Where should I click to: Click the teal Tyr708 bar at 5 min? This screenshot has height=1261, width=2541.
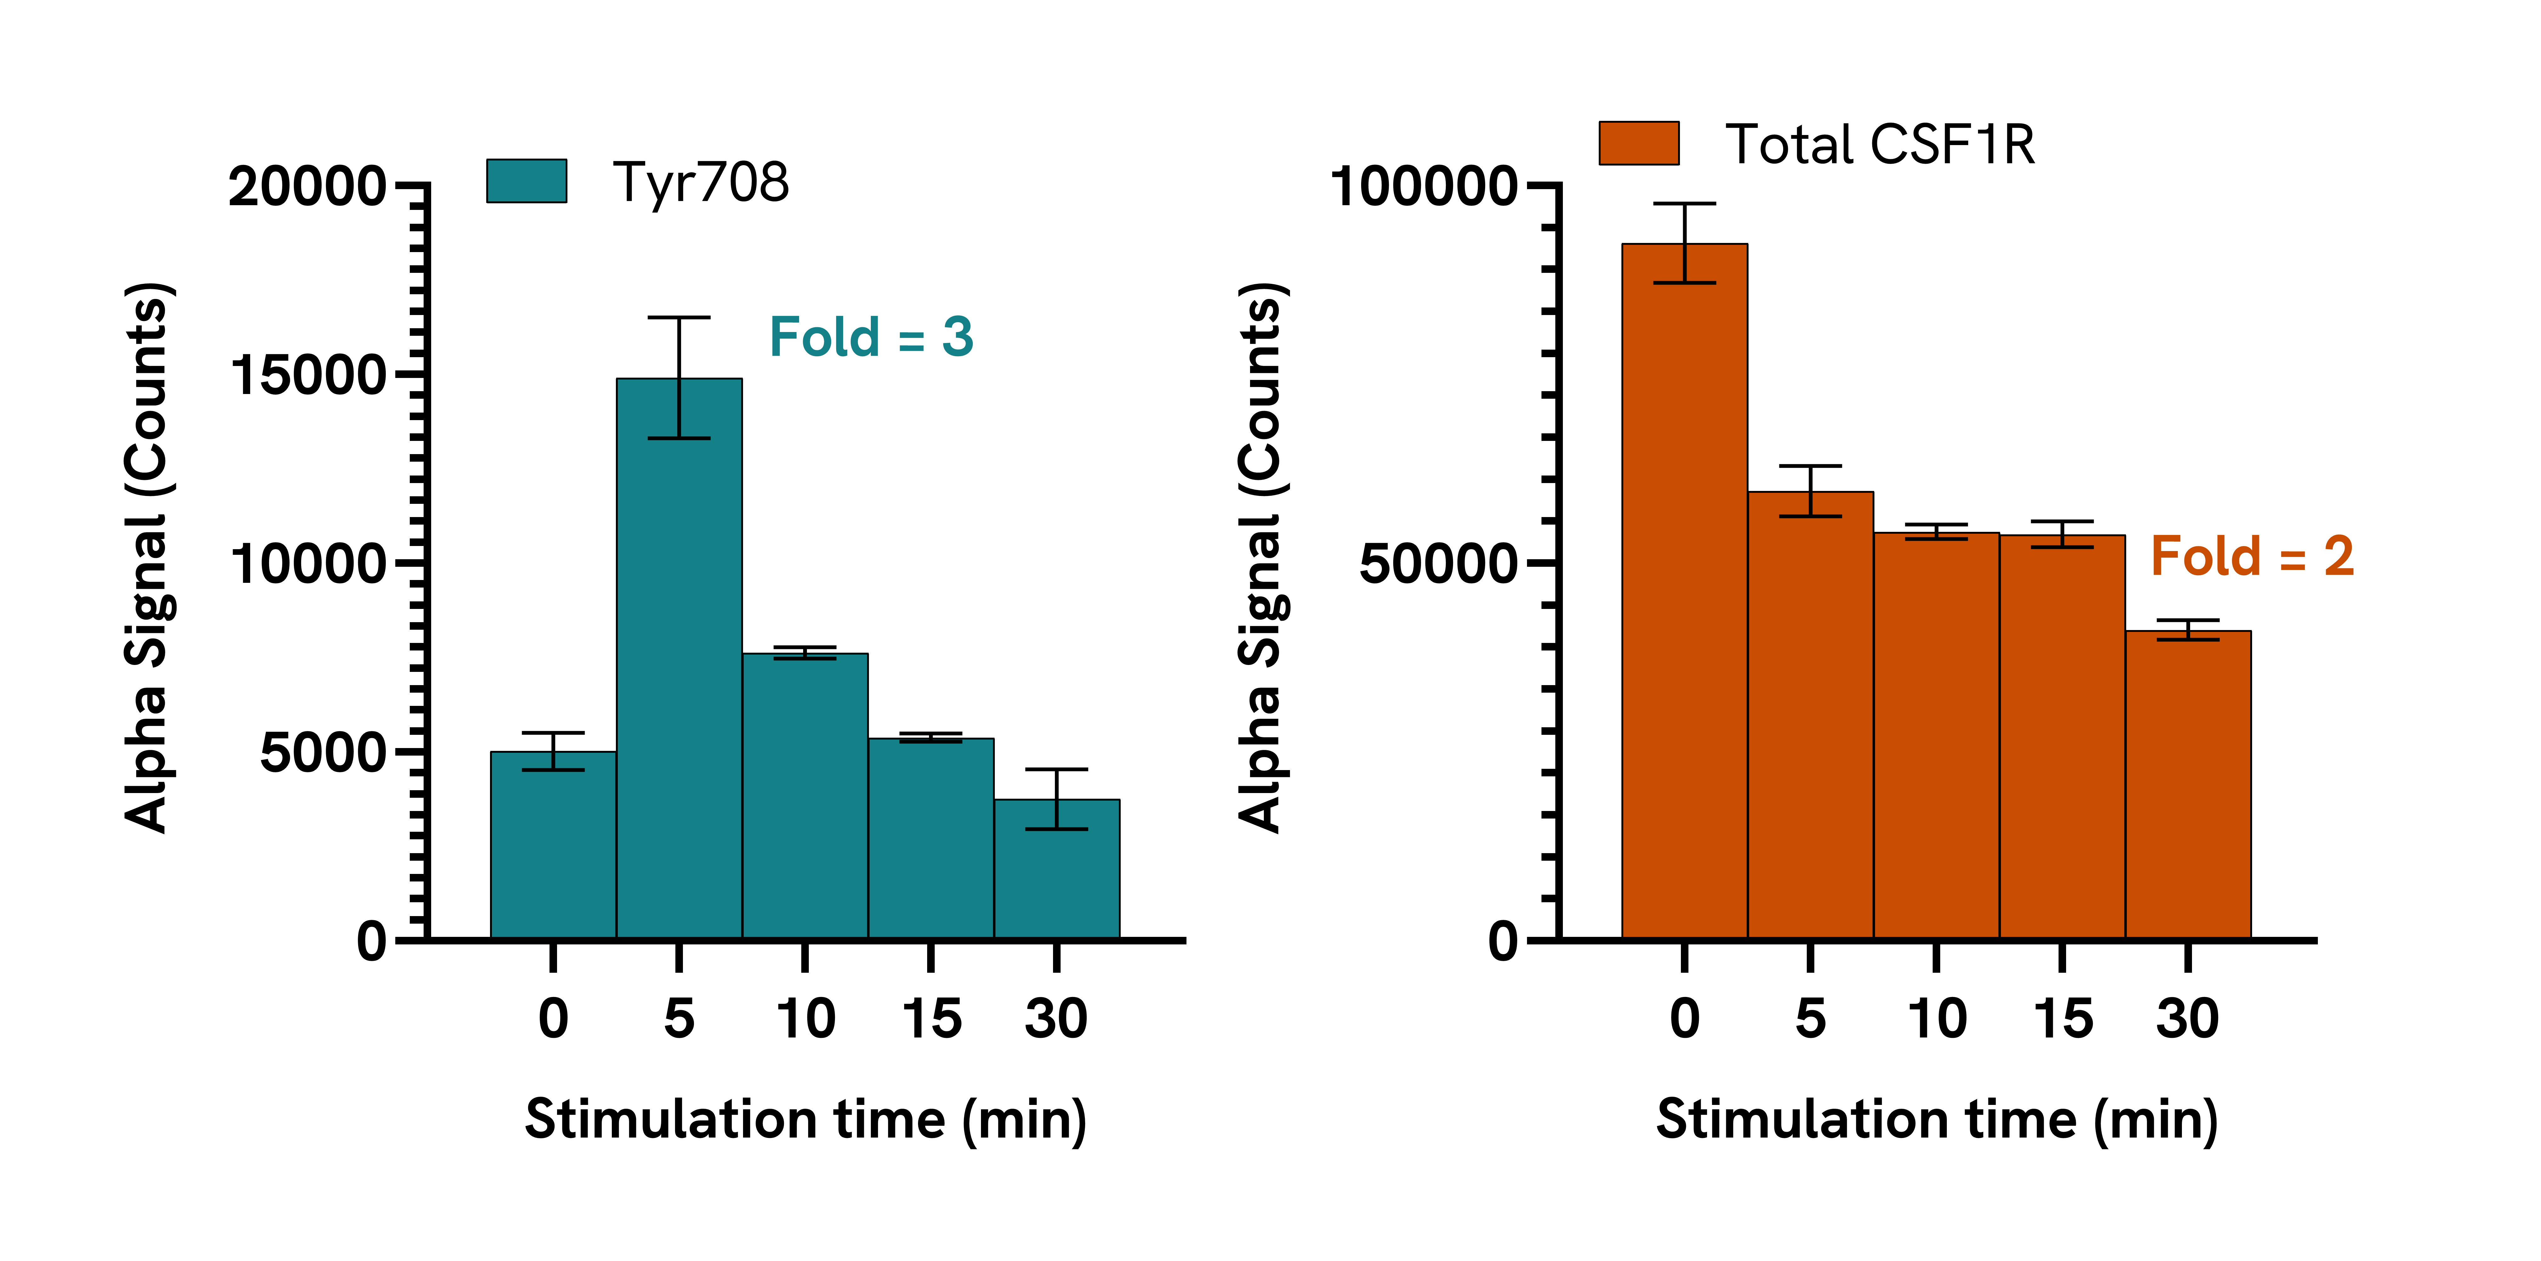(x=679, y=658)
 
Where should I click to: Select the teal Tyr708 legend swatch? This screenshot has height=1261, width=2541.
(x=527, y=181)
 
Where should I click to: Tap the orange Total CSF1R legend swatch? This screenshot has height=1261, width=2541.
(x=1638, y=143)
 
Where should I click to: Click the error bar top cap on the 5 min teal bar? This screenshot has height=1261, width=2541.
(x=679, y=318)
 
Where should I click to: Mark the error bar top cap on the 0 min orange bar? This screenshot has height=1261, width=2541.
(x=1685, y=203)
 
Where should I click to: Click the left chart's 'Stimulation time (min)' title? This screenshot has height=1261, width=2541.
(x=806, y=1120)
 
